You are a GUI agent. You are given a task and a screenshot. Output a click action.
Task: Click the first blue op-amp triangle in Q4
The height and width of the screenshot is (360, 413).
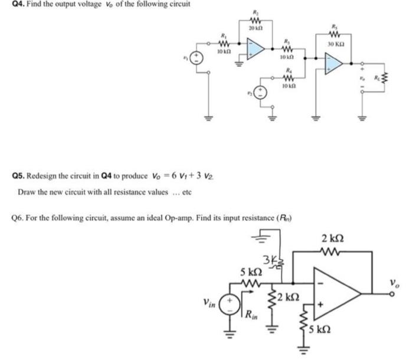256,47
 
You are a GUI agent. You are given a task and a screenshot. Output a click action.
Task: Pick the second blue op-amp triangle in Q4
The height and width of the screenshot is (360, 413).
335,62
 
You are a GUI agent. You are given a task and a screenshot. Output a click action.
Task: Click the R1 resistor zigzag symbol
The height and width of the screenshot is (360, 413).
224,43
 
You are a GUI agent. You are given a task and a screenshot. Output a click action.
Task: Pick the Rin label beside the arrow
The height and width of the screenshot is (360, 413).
251,320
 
